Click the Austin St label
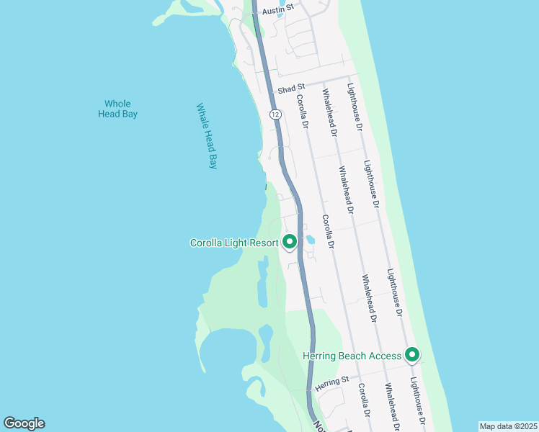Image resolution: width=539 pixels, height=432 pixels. coord(279,10)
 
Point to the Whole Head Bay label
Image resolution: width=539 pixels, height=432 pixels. coord(118,109)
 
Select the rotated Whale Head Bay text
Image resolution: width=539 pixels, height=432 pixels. coord(207,135)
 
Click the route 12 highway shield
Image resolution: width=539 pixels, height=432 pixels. coord(275,114)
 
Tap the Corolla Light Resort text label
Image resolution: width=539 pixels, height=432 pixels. coord(233,243)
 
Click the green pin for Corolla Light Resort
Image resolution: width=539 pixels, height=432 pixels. coord(290,242)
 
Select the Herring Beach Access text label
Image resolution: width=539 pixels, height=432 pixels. coord(352,356)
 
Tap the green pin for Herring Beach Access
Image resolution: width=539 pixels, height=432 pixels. coord(412,354)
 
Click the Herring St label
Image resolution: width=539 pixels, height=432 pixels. coord(334,379)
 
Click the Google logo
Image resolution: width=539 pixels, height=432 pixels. coord(24,423)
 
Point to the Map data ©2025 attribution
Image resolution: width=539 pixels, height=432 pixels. coord(508,426)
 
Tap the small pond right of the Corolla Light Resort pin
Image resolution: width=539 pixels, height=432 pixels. coord(310,240)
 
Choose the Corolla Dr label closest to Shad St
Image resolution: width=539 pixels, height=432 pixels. coord(303,114)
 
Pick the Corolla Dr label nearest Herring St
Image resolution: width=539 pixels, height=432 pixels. coord(364,400)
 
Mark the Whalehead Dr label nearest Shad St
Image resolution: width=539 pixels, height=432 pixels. coord(329,113)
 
